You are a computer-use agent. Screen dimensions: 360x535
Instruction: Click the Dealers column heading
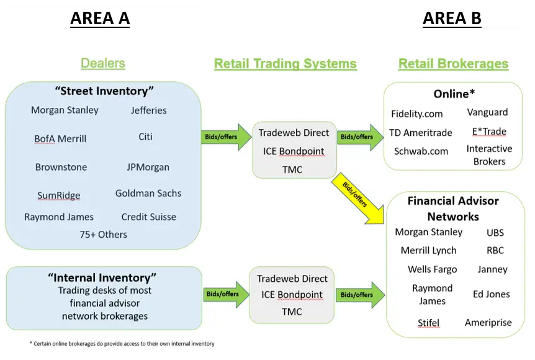[x=102, y=63]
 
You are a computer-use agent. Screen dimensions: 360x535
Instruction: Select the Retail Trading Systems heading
[x=285, y=64]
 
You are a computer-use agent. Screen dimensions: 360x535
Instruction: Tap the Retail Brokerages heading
[x=453, y=64]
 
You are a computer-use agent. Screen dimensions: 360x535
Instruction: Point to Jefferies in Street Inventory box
[x=149, y=110]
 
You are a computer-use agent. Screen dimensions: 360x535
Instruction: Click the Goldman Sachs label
[x=148, y=194]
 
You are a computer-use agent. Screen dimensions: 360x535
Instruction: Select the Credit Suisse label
[x=149, y=217]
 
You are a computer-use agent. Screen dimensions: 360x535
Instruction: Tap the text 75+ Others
[x=103, y=235]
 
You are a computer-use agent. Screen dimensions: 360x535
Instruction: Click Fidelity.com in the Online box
[x=417, y=114]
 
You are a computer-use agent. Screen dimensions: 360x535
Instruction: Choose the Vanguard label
[x=487, y=112]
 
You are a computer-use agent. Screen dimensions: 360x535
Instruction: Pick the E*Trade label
[x=489, y=132]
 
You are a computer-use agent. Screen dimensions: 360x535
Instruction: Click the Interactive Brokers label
[x=489, y=155]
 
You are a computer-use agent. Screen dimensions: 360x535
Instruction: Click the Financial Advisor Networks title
[x=453, y=209]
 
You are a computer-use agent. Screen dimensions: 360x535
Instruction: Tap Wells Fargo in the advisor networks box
[x=432, y=269]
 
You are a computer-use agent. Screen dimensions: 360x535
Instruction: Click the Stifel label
[x=429, y=323]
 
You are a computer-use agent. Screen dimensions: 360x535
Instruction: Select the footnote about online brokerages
[x=122, y=344]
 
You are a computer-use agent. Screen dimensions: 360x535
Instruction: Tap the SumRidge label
[x=58, y=196]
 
